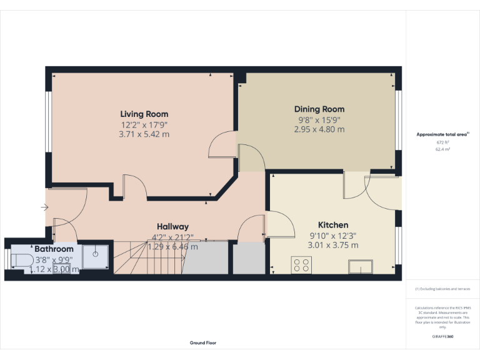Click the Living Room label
144,114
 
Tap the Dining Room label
319,109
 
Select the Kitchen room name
333,225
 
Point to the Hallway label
172,226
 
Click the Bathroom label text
54,249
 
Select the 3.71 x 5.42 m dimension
144,134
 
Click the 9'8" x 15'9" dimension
319,120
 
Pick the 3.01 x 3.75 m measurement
333,245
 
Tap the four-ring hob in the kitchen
301,266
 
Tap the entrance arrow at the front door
44,207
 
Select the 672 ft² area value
443,142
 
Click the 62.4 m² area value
443,149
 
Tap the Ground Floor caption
203,343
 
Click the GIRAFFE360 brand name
443,337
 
